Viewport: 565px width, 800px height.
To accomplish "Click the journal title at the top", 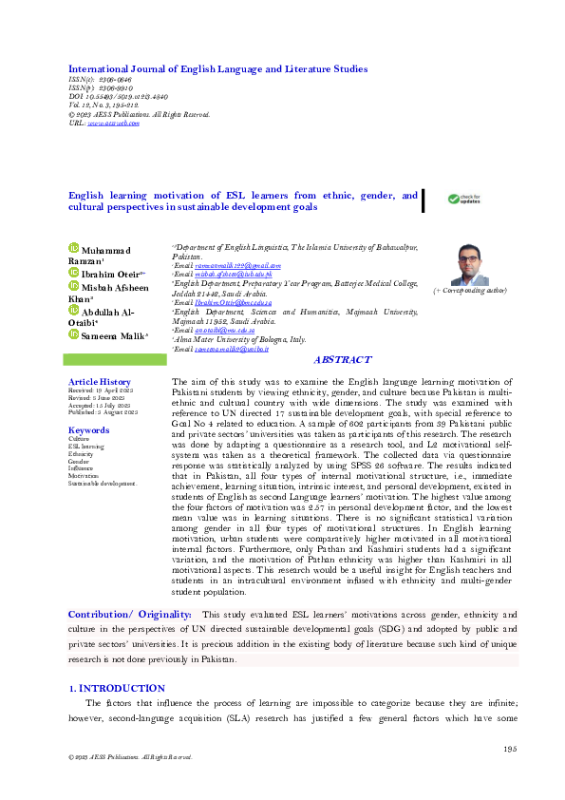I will (217, 69).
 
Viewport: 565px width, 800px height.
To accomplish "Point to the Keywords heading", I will (88, 430).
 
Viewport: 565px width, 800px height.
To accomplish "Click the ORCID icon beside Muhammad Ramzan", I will (74, 248).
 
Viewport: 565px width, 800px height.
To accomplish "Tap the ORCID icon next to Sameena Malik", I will (74, 333).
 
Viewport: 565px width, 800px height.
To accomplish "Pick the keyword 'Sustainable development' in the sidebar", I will (103, 483).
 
